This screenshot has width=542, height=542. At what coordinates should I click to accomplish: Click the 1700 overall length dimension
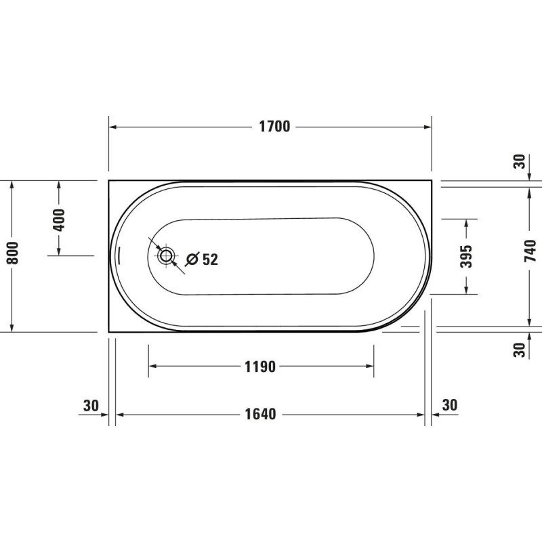pyautogui.click(x=274, y=127)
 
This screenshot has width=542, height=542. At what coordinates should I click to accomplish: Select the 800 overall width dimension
pyautogui.click(x=13, y=253)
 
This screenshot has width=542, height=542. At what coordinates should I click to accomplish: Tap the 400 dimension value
pyautogui.click(x=59, y=220)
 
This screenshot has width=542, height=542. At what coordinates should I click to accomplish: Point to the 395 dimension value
pyautogui.click(x=466, y=256)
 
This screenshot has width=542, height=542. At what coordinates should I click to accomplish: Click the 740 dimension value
pyautogui.click(x=530, y=251)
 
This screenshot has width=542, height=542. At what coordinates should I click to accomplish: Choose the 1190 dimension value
pyautogui.click(x=260, y=367)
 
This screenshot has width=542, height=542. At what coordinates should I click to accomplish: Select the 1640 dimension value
pyautogui.click(x=260, y=414)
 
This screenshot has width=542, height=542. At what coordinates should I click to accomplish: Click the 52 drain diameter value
pyautogui.click(x=210, y=259)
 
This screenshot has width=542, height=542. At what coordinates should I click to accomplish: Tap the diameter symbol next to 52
pyautogui.click(x=192, y=259)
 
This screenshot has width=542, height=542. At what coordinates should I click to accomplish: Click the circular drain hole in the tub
pyautogui.click(x=166, y=256)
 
